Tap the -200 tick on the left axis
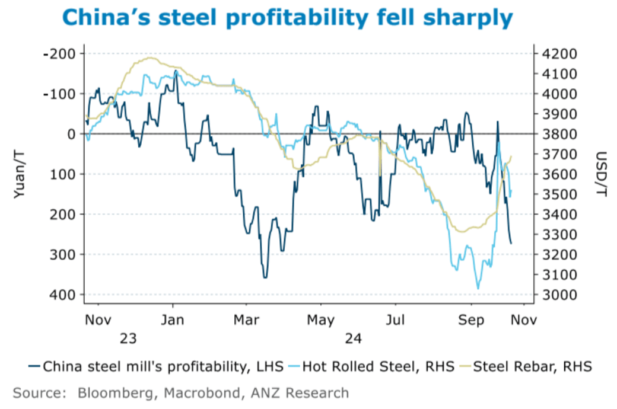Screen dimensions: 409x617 tap(59, 54)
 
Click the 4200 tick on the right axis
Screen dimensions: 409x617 tap(558, 54)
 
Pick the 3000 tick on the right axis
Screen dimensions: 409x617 tap(558, 295)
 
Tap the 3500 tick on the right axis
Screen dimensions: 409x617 tap(558, 194)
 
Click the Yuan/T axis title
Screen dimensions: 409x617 tap(20, 173)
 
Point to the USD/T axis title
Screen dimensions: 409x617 tap(601, 173)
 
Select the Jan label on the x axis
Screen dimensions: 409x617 tap(173, 320)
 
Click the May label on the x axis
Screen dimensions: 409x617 tap(321, 320)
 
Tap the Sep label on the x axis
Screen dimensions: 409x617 tap(471, 320)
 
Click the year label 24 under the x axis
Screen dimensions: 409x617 tap(352, 338)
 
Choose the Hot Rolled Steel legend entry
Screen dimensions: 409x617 tap(377, 366)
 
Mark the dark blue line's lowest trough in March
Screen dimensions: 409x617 tap(265, 277)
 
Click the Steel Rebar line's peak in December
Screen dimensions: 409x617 tap(150, 57)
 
